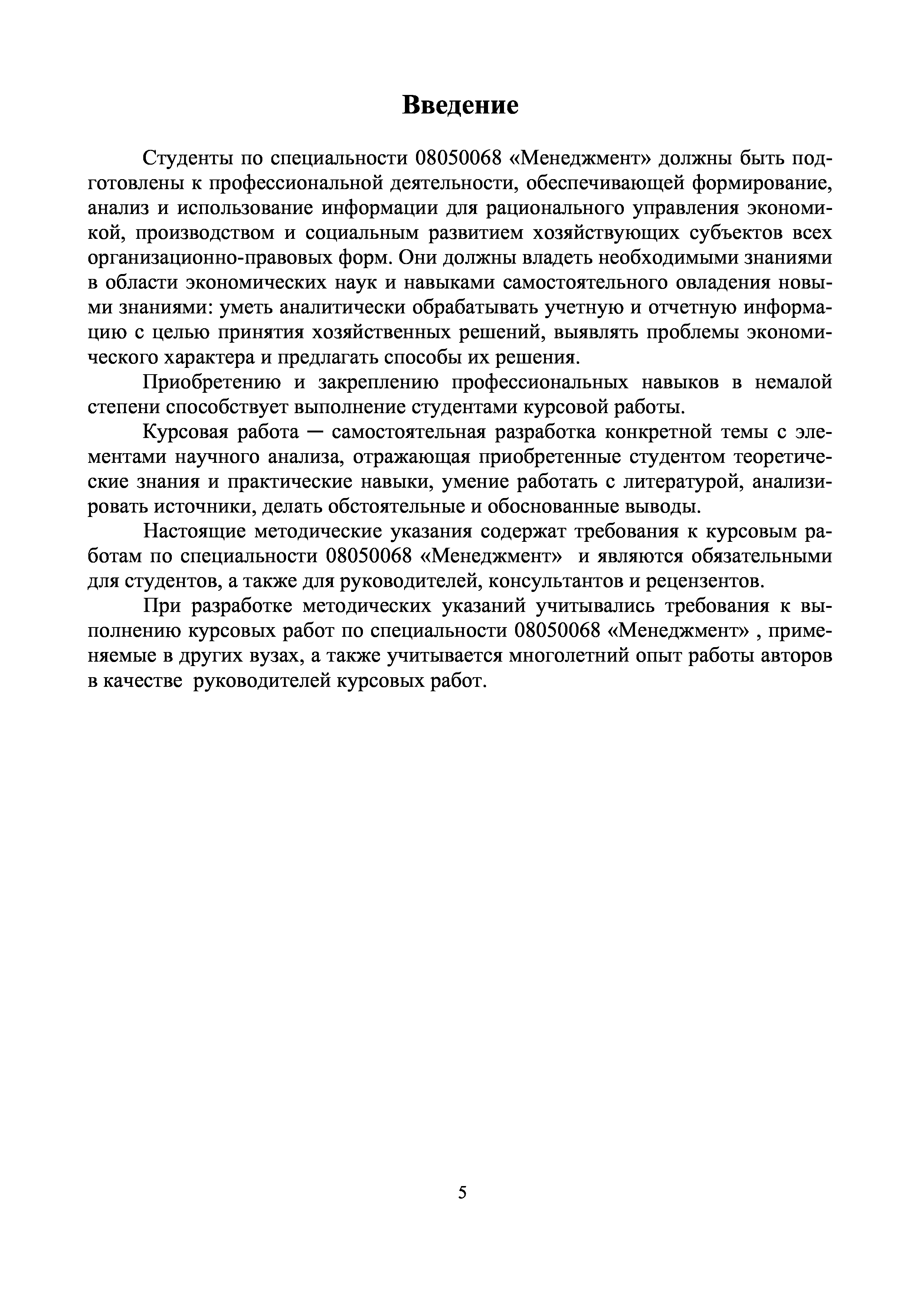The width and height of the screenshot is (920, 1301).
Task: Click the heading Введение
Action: tap(460, 105)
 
